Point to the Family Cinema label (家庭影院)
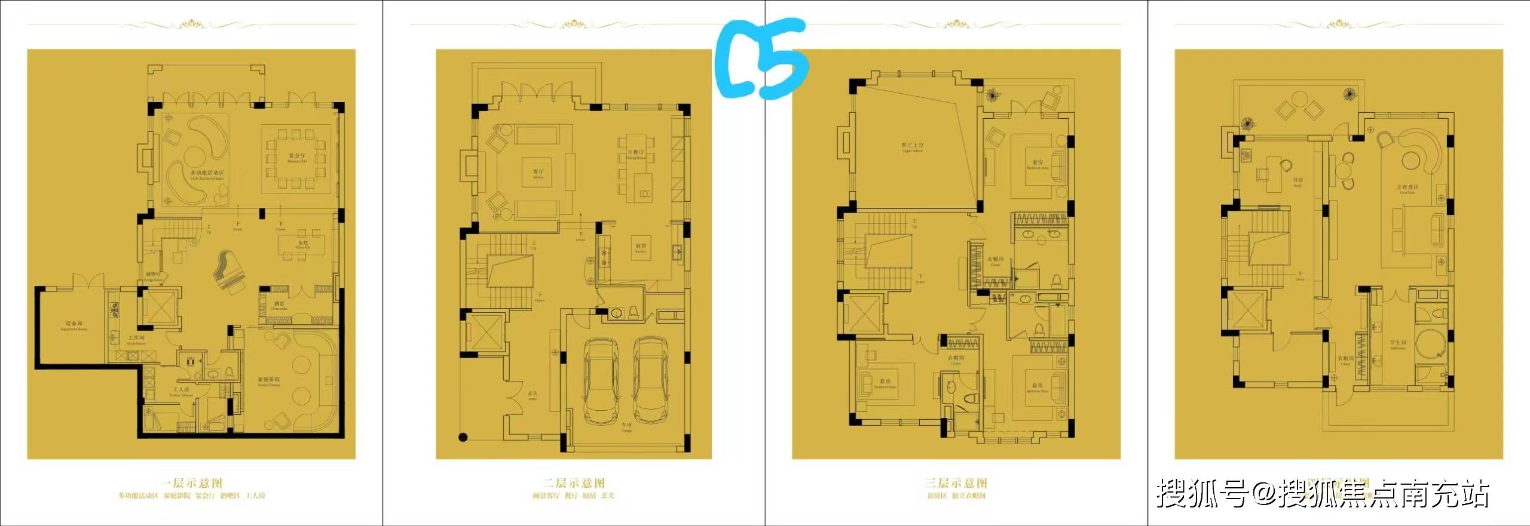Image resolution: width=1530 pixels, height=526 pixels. pyautogui.click(x=269, y=382)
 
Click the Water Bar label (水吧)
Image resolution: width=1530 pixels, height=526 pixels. pyautogui.click(x=303, y=244)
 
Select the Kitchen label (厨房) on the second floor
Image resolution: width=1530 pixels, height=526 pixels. pyautogui.click(x=640, y=247)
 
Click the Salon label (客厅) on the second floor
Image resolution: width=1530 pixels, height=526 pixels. pyautogui.click(x=538, y=173)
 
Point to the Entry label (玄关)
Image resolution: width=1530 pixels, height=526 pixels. pyautogui.click(x=533, y=395)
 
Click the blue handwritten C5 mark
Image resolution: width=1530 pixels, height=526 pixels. pyautogui.click(x=762, y=60)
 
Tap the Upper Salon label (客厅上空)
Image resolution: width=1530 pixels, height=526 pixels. pyautogui.click(x=912, y=147)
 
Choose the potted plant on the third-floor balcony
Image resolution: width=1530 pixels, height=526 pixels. pyautogui.click(x=993, y=95)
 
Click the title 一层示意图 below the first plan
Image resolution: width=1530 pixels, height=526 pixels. pyautogui.click(x=191, y=482)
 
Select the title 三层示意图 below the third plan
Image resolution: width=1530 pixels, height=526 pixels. pyautogui.click(x=956, y=482)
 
